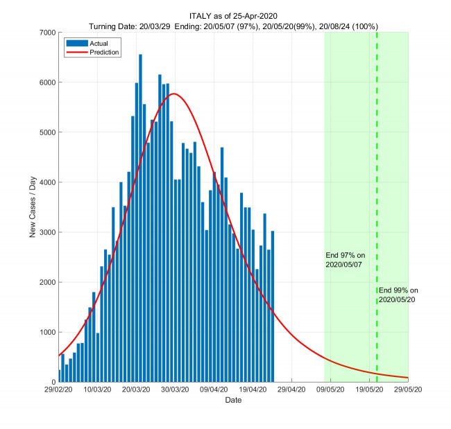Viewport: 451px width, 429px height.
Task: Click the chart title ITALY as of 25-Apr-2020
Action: coord(233,16)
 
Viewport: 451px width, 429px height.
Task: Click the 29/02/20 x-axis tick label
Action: coord(59,391)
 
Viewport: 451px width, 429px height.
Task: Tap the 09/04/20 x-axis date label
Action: coord(214,391)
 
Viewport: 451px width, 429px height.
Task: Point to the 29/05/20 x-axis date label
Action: coord(408,391)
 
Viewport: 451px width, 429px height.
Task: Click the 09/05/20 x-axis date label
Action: coord(330,391)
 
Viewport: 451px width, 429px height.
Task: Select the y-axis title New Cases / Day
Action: coord(32,207)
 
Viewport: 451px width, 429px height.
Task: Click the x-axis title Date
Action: coord(233,401)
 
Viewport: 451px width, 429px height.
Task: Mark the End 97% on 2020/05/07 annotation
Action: coord(345,260)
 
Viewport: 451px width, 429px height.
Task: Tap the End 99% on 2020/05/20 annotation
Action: coord(398,295)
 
